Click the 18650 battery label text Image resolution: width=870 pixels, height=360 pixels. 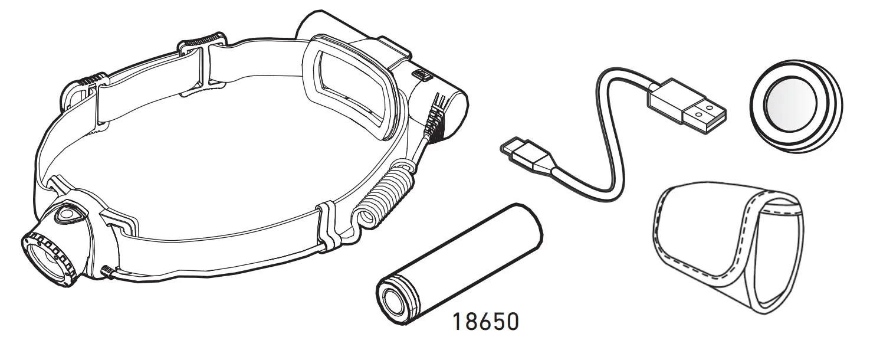point(486,322)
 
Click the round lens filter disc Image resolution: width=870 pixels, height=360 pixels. point(796,106)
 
